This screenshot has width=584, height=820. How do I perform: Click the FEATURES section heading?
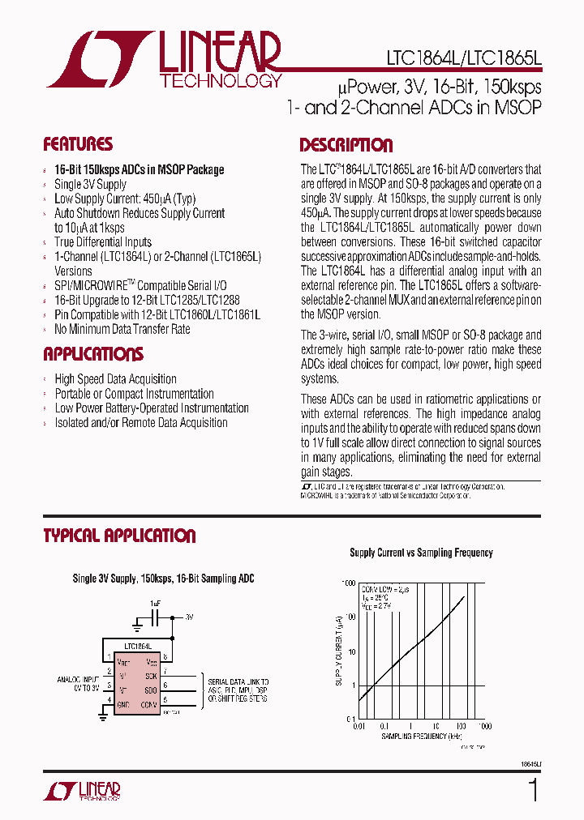(78, 144)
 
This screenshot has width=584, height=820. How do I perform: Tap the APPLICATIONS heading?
(93, 354)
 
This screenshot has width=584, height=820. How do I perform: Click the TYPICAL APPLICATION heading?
(119, 536)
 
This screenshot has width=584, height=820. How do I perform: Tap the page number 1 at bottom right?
(532, 789)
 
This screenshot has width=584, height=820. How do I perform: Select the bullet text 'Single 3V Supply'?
(90, 184)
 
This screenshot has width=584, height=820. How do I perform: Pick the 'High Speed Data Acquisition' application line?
(115, 378)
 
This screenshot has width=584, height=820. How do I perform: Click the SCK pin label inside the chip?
(152, 675)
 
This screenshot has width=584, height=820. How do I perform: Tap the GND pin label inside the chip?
(122, 705)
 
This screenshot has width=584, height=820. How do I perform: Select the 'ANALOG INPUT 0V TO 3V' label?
(78, 685)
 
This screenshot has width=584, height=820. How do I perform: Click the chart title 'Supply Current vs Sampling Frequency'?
(421, 553)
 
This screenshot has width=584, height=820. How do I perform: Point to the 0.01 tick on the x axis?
(359, 726)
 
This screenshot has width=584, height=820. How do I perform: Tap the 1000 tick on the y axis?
(348, 583)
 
